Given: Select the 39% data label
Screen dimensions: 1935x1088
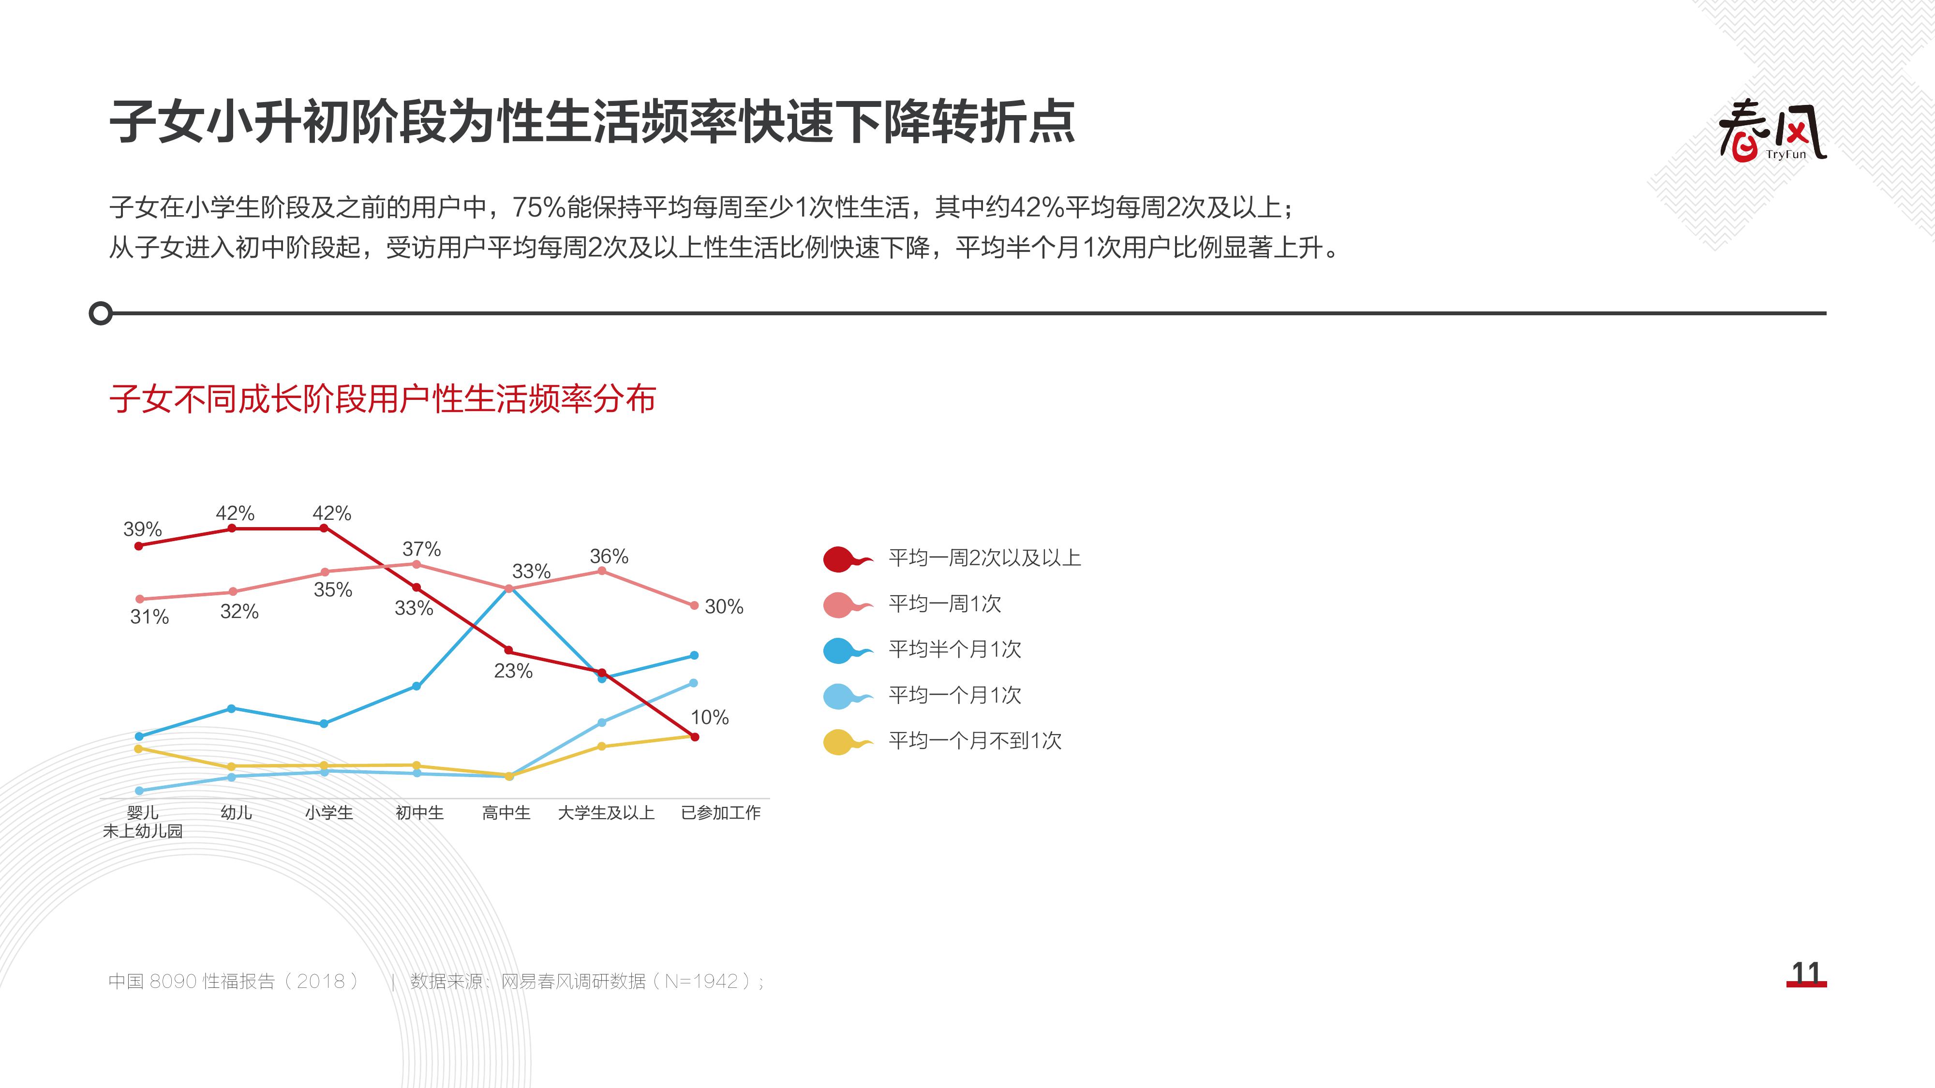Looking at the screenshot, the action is [x=143, y=529].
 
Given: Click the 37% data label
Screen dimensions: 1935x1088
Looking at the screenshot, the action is [x=421, y=549].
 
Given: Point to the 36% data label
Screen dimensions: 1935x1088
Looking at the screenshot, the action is [x=609, y=557].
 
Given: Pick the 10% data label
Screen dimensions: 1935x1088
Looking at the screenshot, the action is [x=710, y=717].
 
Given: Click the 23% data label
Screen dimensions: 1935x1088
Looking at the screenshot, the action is [x=513, y=671].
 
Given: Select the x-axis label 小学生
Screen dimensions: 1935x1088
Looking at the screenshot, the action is [x=328, y=812].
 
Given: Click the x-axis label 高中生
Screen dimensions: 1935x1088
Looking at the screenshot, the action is [x=506, y=812].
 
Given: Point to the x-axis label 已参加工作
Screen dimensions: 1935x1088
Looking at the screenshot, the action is [x=720, y=812].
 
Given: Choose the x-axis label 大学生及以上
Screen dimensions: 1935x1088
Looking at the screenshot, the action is [x=606, y=812].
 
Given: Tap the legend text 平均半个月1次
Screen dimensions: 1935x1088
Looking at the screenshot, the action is [x=955, y=649].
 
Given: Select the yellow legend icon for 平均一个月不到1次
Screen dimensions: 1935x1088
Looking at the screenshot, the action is [x=847, y=742].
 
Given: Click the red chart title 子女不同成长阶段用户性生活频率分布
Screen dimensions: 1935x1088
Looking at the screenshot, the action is [x=382, y=399].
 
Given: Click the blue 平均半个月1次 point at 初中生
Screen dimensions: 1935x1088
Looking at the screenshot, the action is [x=417, y=686].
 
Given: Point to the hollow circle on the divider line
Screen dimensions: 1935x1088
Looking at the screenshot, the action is [x=101, y=313].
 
